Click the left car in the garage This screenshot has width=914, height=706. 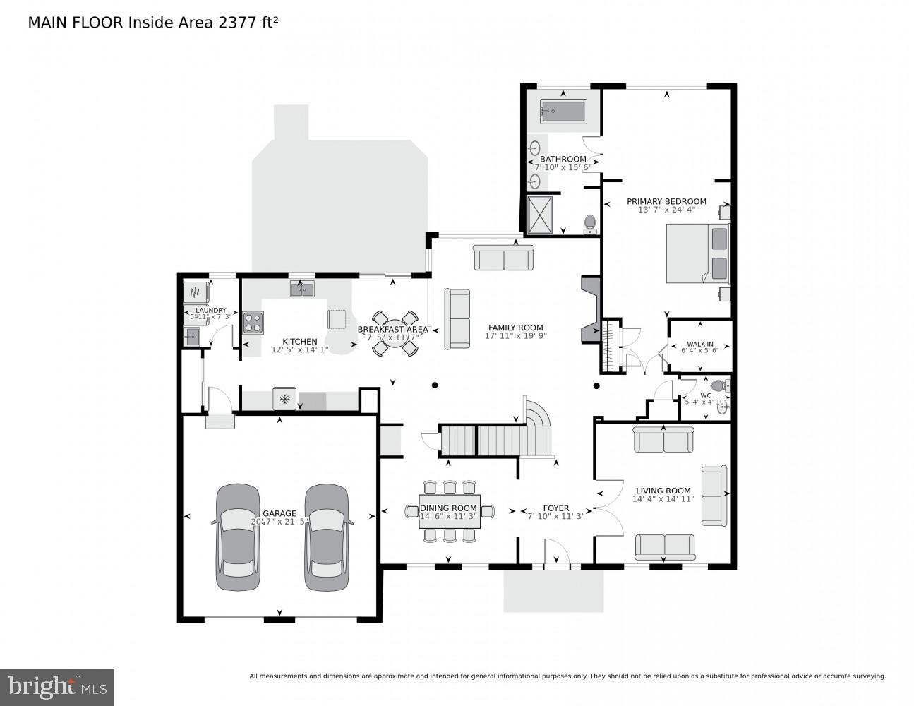click(x=237, y=537)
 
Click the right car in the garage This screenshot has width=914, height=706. click(x=327, y=537)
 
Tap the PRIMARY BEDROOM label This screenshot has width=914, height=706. click(x=666, y=201)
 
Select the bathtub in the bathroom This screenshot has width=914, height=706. click(x=563, y=112)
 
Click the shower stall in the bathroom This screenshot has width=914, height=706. click(x=542, y=213)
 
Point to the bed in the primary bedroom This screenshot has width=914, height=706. click(x=697, y=253)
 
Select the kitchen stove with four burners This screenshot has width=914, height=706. click(x=253, y=323)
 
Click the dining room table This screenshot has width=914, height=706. click(x=449, y=512)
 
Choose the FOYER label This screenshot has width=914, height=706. click(x=555, y=508)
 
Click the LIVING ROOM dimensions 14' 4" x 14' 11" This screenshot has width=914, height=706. click(x=663, y=499)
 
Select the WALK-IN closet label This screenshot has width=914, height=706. click(x=699, y=345)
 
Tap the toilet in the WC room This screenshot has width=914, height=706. click(x=720, y=386)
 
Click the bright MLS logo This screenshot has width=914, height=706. click(x=57, y=686)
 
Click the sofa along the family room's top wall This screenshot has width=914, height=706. click(x=503, y=258)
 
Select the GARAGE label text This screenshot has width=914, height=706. click(x=279, y=513)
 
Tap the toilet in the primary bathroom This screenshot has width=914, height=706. click(x=590, y=224)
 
